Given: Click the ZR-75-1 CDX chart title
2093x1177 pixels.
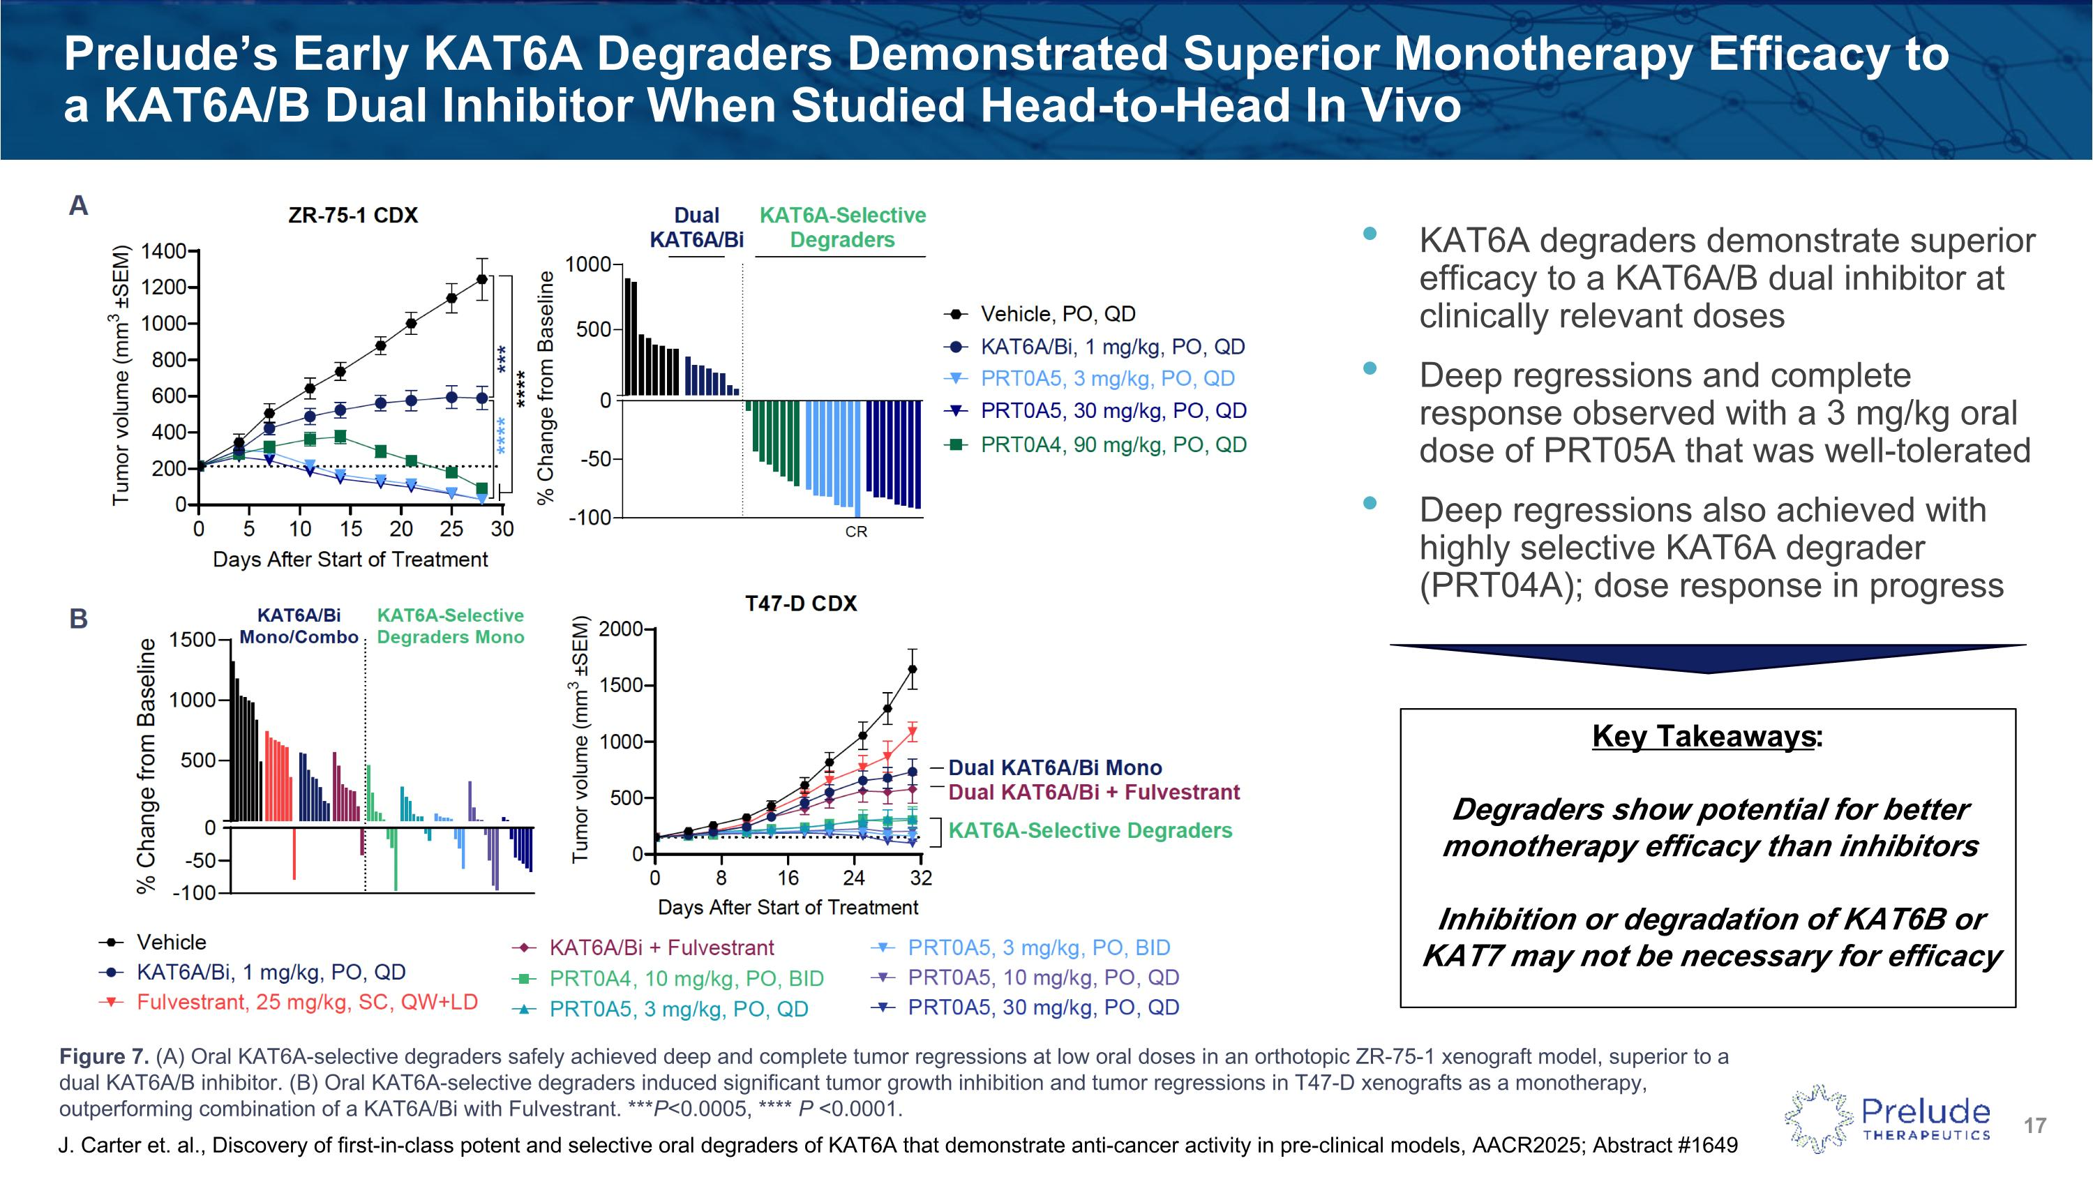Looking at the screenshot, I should tap(352, 216).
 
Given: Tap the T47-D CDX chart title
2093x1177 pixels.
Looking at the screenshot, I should tap(800, 604).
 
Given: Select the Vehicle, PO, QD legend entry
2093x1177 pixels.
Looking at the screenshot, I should tap(1057, 315).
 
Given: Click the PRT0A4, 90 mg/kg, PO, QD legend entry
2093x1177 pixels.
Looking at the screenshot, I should tap(1113, 445).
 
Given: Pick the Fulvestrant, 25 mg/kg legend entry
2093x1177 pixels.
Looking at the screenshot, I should tap(306, 1003).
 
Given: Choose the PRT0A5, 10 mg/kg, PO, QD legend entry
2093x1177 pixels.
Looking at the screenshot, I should tap(1042, 978).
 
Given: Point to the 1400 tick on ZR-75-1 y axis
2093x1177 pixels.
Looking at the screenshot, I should tap(164, 251).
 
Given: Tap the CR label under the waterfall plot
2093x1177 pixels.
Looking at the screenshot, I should tap(856, 532).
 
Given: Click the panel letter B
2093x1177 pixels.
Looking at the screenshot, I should tap(79, 619).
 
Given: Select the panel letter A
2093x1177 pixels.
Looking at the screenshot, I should tap(79, 206).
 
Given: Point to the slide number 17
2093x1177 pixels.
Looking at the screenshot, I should tap(2034, 1126).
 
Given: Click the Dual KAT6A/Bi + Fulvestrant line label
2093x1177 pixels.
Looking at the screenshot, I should tap(1094, 793).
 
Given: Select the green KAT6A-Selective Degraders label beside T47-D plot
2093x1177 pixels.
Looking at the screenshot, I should tap(1090, 831).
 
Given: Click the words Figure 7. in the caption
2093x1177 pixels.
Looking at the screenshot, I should tap(103, 1057).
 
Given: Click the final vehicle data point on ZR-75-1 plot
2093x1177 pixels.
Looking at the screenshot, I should tap(482, 280).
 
